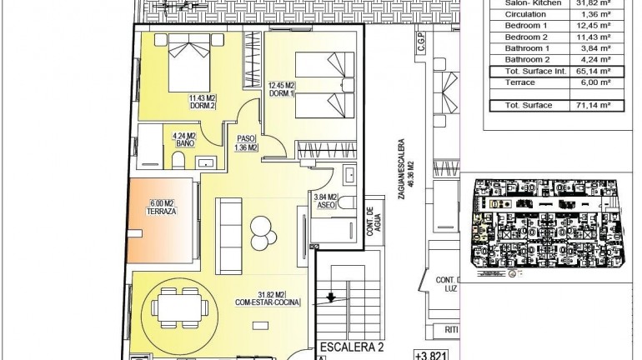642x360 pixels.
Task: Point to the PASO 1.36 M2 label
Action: (x=245, y=143)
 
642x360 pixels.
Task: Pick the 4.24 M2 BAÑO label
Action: (x=184, y=139)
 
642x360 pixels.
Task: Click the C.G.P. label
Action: (x=421, y=52)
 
